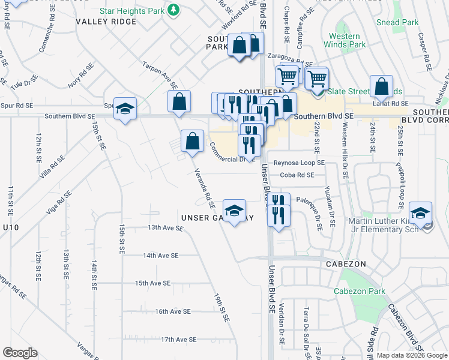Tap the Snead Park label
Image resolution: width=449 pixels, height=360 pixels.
[x=397, y=22]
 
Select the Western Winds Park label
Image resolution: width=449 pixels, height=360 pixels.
[x=345, y=40]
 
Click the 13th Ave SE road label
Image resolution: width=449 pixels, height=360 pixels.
[x=164, y=227]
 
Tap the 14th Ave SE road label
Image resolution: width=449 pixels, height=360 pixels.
[x=161, y=255]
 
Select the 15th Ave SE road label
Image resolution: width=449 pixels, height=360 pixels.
[x=153, y=283]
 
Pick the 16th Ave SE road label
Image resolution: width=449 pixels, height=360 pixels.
[x=172, y=311]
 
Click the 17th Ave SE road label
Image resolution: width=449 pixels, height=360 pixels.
[x=178, y=340]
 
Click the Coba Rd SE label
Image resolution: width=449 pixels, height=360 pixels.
[x=297, y=175]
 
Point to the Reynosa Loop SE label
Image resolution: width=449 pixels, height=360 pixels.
[x=299, y=163]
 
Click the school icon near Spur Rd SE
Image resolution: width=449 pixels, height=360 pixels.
[x=125, y=109]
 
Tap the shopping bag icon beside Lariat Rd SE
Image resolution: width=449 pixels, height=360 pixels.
[x=381, y=87]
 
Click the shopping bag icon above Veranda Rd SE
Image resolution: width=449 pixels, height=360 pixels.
[x=192, y=142]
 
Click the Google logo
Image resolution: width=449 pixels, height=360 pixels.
[x=20, y=353]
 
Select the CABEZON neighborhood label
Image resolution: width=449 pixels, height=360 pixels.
[x=342, y=264]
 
